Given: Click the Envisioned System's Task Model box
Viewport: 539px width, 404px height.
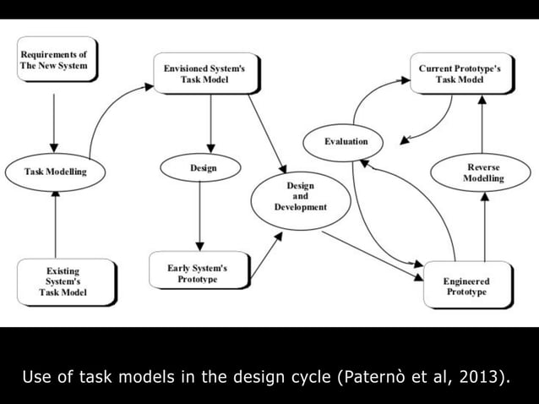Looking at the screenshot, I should [x=205, y=74].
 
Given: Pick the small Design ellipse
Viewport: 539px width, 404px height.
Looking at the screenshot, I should [x=204, y=168].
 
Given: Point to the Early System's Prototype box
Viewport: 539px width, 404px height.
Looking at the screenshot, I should [x=199, y=272].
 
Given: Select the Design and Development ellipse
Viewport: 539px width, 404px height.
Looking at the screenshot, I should [x=300, y=197].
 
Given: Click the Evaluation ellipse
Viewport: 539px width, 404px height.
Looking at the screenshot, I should [x=346, y=141].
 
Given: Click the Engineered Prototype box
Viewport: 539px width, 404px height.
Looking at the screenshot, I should [x=465, y=285].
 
